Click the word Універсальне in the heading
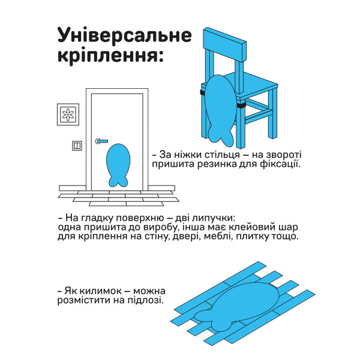click(124, 35)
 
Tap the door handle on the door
click(101, 142)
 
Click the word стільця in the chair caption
click(217, 154)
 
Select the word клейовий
click(242, 227)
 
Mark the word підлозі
click(143, 300)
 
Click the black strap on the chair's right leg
click(242, 106)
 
